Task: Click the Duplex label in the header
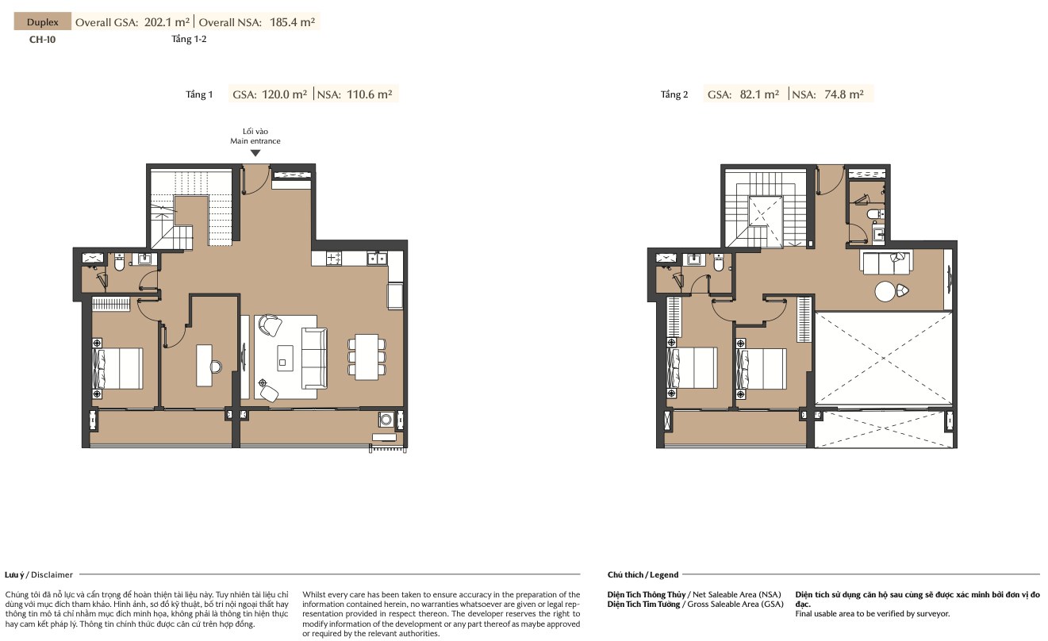coord(43,22)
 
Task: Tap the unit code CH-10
coord(42,40)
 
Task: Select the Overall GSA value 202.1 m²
coord(167,22)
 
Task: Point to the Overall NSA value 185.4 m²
coord(293,22)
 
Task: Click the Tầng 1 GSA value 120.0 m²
coord(285,94)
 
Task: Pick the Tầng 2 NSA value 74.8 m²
coord(844,94)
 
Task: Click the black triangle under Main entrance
coord(255,153)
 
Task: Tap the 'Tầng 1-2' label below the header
coord(189,39)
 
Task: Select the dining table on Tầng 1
coord(367,356)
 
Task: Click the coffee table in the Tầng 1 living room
coord(285,358)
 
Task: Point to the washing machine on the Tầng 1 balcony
coord(386,419)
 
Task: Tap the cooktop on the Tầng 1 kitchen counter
coord(333,258)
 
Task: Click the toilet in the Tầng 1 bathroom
coord(119,263)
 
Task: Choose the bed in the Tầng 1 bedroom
coord(119,368)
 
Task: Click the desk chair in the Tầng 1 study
coord(216,367)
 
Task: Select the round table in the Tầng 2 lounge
coord(885,291)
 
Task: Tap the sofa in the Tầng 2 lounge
coord(885,263)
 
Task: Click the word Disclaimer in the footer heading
coord(52,574)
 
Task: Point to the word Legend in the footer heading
coord(664,574)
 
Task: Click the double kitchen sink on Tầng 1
coord(377,258)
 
